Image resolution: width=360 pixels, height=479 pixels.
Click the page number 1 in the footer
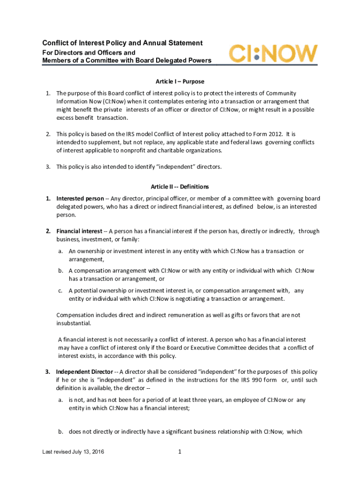(x=180, y=452)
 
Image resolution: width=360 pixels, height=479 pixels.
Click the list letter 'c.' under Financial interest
(x=61, y=290)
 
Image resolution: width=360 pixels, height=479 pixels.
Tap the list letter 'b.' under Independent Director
(x=61, y=432)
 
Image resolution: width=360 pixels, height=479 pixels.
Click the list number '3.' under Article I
(x=48, y=167)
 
